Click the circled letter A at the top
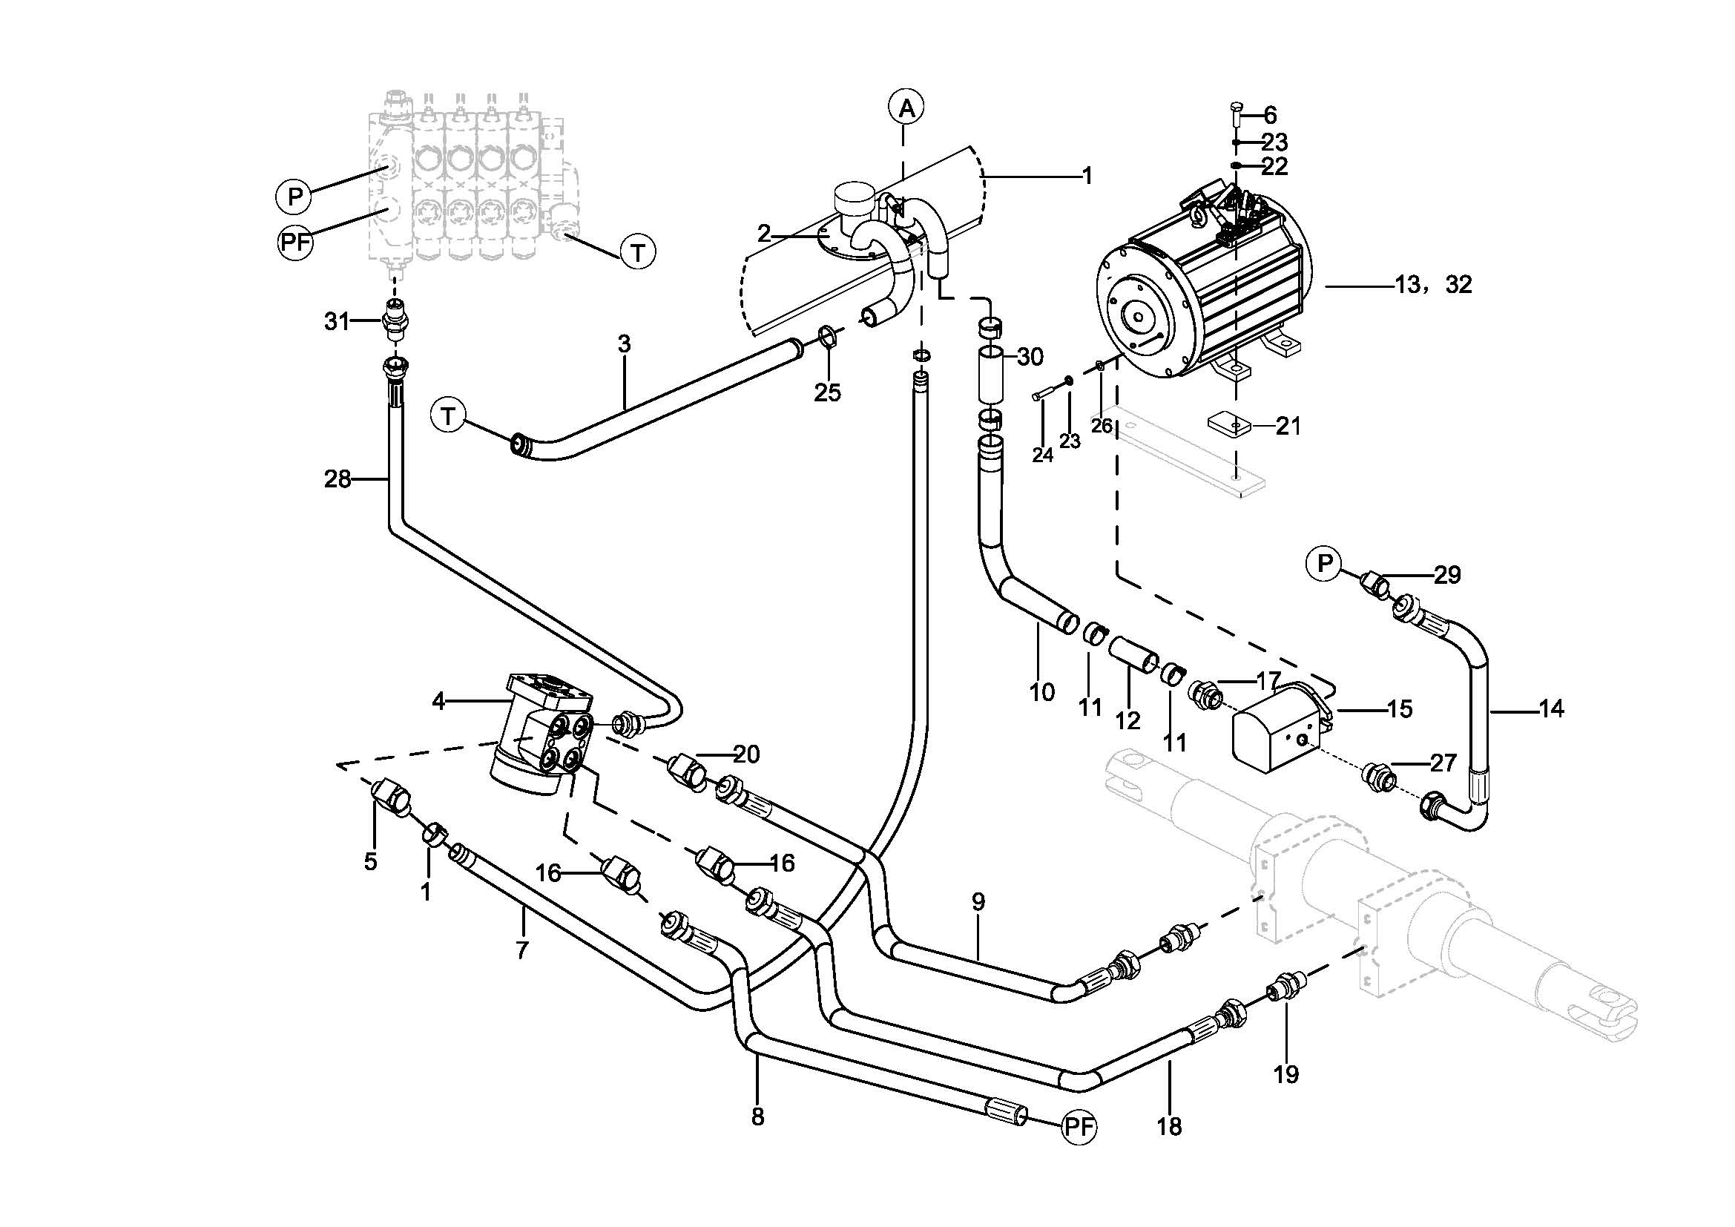[x=906, y=108]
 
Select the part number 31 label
[x=337, y=322]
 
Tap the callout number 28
[x=338, y=479]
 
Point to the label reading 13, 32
[x=1433, y=285]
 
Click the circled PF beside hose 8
[x=1079, y=1128]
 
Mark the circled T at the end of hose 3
[x=449, y=416]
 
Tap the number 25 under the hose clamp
[x=828, y=393]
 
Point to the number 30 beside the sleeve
[x=1030, y=357]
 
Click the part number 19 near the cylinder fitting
[x=1286, y=1073]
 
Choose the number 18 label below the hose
[x=1169, y=1127]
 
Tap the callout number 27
[x=1443, y=763]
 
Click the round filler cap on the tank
[x=853, y=197]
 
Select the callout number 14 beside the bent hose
[x=1551, y=708]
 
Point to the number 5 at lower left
[x=370, y=861]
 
